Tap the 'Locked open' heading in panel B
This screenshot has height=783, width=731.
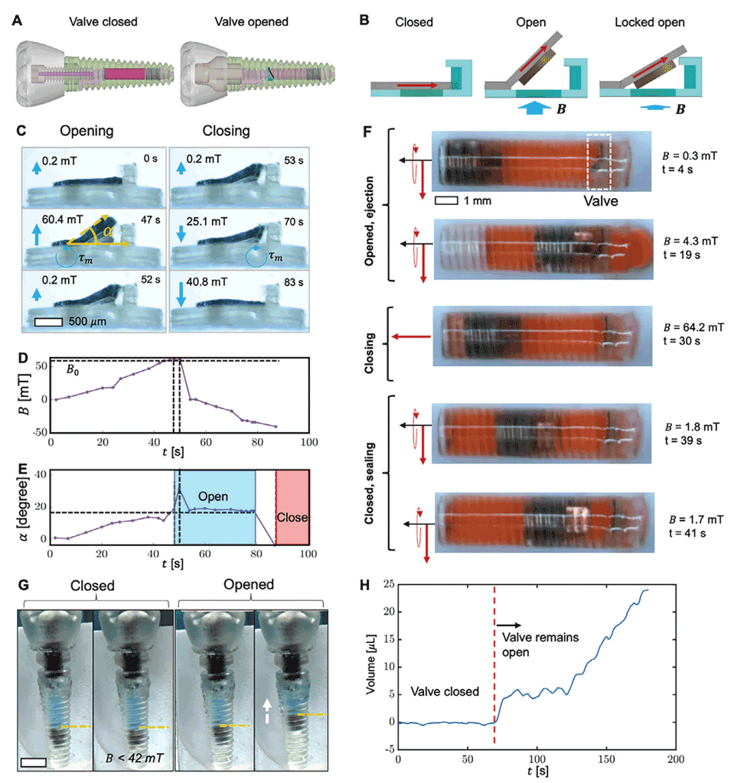pos(649,22)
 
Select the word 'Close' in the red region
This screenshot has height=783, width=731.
pos(292,517)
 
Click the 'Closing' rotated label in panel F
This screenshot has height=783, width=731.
pos(370,342)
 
